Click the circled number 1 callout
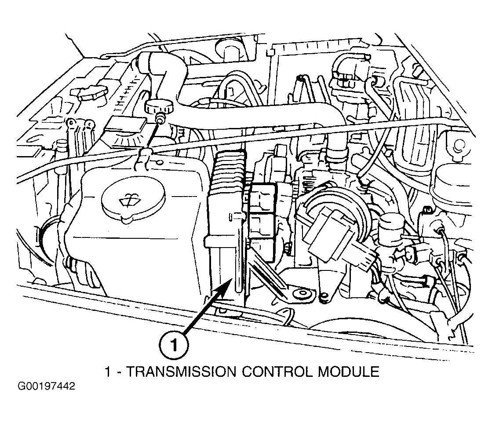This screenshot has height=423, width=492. coord(174,345)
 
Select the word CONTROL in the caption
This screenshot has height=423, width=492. coord(277,372)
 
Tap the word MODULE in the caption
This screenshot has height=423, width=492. coord(349,372)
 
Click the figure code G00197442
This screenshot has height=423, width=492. coord(47,386)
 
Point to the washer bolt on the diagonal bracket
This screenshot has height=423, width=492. coord(302,295)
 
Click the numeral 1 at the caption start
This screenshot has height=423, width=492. coord(108,372)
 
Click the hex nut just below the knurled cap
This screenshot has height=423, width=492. coord(160,119)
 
